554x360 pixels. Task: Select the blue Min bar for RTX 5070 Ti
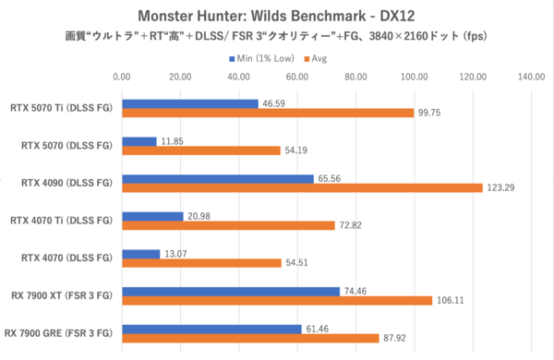189,104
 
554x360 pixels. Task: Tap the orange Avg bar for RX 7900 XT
277,299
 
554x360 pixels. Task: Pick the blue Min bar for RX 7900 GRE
211,328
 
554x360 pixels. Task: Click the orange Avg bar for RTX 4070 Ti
228,224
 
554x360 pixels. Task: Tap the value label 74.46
355,290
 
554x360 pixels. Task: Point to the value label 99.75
431,114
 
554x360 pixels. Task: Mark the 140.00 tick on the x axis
531,78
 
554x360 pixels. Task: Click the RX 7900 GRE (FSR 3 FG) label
59,332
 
